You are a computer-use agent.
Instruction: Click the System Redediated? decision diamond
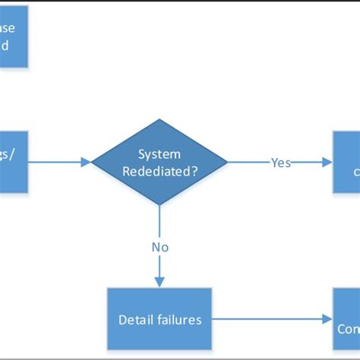click(x=159, y=161)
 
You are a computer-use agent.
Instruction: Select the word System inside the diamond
click(x=159, y=153)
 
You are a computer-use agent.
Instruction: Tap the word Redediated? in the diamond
click(x=159, y=171)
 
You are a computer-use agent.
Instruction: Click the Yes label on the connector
click(x=281, y=163)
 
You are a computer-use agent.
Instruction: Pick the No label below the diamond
click(x=159, y=247)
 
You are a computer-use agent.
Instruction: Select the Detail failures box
click(x=159, y=319)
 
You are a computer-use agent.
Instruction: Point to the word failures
click(x=180, y=320)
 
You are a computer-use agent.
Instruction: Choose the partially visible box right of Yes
click(x=346, y=161)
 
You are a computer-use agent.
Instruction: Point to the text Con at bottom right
click(x=349, y=329)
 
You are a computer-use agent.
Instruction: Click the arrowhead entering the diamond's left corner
click(x=86, y=161)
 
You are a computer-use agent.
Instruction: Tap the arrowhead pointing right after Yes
click(x=327, y=162)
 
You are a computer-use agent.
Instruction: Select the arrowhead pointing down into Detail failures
click(x=159, y=283)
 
